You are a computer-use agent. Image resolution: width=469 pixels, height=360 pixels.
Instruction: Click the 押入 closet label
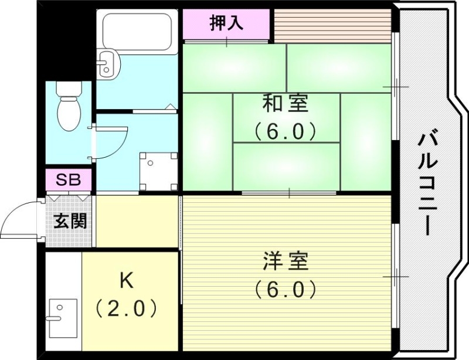tap(226, 24)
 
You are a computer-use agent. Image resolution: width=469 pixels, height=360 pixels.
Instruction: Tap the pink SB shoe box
tap(69, 179)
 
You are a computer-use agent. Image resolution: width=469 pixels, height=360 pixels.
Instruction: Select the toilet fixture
tap(69, 107)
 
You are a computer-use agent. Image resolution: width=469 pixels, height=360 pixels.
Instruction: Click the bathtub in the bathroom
tap(138, 33)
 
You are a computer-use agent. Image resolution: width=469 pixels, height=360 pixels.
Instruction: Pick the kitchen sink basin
tap(63, 317)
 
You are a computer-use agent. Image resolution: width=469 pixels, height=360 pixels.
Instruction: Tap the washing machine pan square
tap(157, 170)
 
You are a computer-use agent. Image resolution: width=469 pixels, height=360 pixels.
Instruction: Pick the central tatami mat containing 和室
tap(286, 117)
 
